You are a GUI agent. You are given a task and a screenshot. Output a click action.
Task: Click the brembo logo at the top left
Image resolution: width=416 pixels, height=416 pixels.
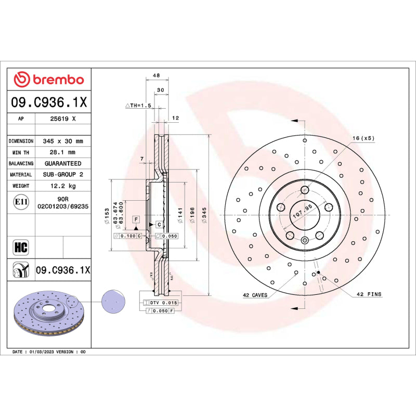coord(49,80)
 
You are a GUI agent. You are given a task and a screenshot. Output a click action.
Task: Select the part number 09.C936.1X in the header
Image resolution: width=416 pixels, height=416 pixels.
coord(49,103)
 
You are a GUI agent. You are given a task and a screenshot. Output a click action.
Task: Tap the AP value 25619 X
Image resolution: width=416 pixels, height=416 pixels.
coord(62,119)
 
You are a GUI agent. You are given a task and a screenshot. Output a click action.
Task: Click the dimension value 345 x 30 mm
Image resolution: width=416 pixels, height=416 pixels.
coord(62,141)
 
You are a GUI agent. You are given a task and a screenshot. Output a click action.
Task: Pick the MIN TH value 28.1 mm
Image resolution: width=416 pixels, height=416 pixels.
coord(62,152)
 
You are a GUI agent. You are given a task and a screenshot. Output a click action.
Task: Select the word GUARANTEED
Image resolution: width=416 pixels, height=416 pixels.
coord(62,163)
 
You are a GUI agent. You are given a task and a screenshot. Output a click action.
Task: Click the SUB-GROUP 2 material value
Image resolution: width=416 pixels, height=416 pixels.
coord(62,175)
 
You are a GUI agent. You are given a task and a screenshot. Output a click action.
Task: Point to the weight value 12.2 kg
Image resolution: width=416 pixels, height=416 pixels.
coord(62,186)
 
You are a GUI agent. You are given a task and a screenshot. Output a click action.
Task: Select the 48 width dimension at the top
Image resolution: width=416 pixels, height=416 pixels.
coord(156,76)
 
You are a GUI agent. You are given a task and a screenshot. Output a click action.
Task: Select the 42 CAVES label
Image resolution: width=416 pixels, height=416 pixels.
coord(255,295)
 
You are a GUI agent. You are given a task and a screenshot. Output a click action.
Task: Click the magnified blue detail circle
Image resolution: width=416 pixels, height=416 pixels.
coord(113,302)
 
